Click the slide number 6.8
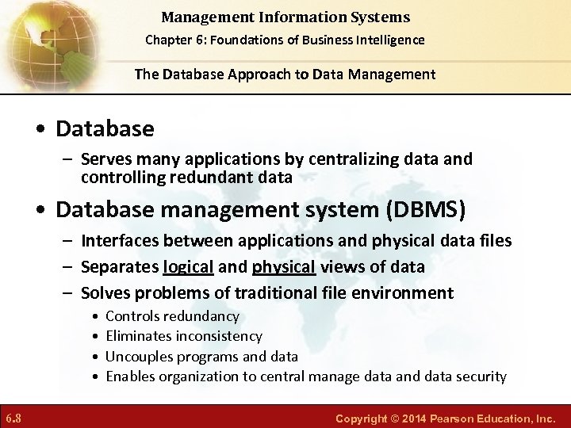14,417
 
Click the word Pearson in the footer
454,417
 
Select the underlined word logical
188,267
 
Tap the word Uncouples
137,357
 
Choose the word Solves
104,293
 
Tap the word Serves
105,159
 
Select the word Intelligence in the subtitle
389,40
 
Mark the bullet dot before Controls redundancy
95,317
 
